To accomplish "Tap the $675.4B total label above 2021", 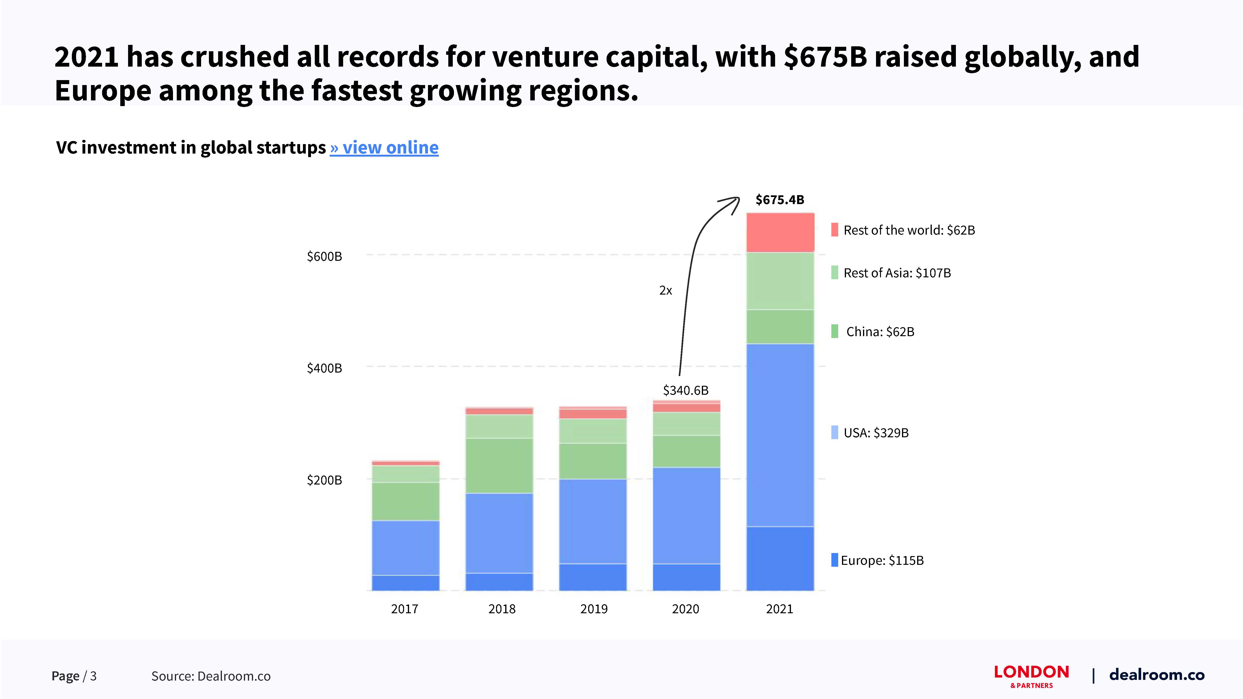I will (780, 200).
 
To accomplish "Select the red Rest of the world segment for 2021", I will (780, 232).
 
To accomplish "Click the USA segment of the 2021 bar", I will (780, 434).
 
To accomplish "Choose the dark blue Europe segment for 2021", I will (780, 559).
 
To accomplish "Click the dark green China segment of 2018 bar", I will (499, 466).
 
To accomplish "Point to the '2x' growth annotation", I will (665, 290).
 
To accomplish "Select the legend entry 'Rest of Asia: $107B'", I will (897, 273).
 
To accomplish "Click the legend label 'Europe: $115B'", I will (882, 561).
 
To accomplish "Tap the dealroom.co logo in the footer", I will (1157, 675).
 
